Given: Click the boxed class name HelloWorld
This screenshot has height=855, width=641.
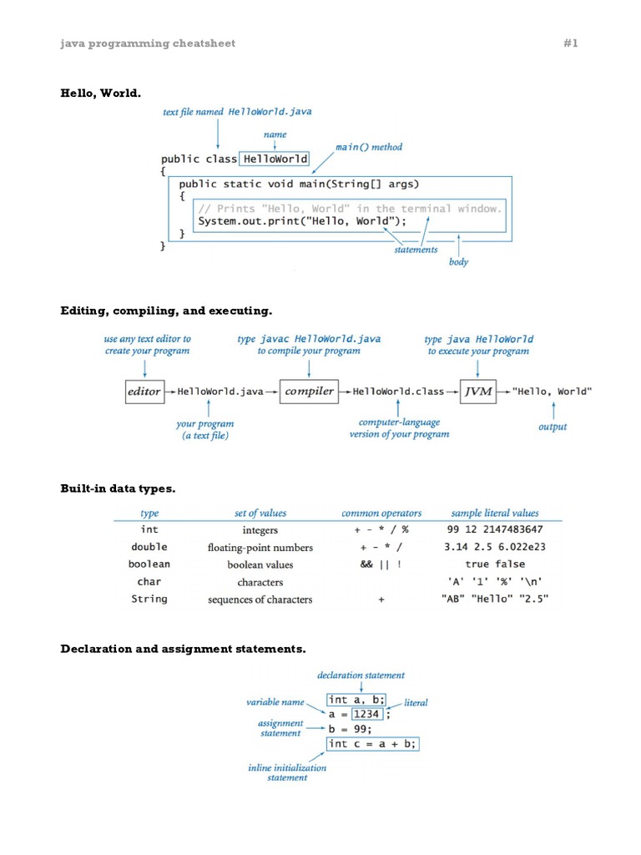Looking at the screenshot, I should pos(275,159).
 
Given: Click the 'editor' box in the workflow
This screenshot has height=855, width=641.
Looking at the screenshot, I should pos(144,391).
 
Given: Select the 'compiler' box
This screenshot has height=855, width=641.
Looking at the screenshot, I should pos(309,391).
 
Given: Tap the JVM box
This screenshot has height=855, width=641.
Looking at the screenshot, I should pos(478,391).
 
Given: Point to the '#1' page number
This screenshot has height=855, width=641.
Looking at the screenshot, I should pos(571,43).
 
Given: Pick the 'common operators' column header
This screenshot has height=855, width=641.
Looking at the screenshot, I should pos(381,514).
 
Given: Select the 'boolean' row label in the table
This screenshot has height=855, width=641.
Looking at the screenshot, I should pos(149,564).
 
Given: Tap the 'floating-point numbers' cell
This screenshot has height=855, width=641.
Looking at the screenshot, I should pos(260,548).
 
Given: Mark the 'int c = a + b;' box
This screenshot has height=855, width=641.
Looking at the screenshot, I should pos(372,743).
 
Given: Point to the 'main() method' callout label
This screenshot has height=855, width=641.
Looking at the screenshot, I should pos(369,147).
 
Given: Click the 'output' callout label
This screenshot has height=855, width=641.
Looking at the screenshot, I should pos(553,427).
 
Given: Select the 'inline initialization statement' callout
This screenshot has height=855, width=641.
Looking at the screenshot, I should pos(287,772).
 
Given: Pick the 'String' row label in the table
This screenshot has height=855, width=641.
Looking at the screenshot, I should pos(149,599).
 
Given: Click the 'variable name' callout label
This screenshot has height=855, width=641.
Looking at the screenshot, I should pos(275,702).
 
